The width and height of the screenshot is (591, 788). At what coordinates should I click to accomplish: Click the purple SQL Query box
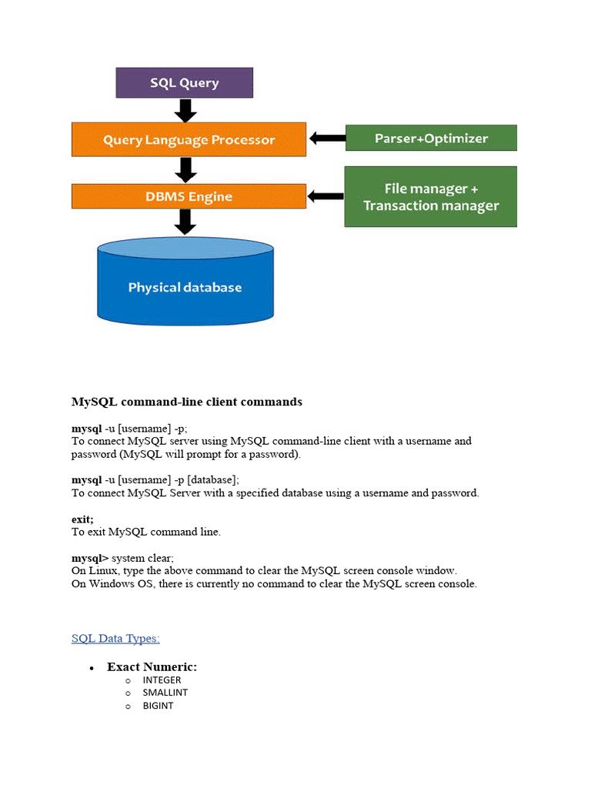(184, 82)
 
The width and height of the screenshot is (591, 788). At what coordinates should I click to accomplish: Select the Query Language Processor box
(189, 139)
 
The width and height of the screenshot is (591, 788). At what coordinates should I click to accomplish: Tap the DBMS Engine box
(189, 196)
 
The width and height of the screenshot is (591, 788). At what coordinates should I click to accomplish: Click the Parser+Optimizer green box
(431, 139)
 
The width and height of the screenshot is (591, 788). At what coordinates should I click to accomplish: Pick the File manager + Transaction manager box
(431, 197)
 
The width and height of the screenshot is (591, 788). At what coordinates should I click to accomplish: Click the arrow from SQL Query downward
(185, 110)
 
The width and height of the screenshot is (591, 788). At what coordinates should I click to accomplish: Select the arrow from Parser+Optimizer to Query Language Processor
(326, 139)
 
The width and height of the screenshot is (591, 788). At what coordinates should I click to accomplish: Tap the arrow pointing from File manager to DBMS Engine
(326, 197)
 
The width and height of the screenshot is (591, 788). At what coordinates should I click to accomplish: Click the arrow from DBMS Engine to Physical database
(185, 222)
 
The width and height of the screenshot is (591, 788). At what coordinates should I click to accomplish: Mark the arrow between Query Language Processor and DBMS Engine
(185, 169)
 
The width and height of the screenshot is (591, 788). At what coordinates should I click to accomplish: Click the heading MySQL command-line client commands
(187, 402)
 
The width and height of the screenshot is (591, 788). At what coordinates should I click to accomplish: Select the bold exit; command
(82, 519)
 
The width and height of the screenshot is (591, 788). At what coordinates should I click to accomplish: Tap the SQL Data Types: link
(115, 638)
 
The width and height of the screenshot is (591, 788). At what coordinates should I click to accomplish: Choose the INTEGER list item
(162, 680)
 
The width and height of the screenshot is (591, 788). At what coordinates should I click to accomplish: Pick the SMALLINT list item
(165, 693)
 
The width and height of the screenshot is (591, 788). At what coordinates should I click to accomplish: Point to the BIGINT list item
(158, 706)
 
